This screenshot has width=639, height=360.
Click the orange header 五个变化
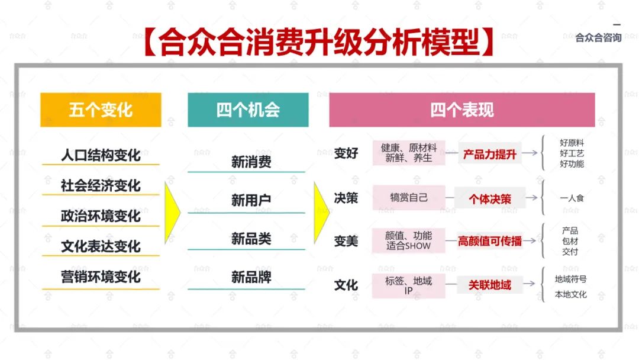pos(101,110)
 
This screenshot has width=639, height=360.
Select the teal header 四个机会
pos(248,110)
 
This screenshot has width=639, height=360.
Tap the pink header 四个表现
pos(461,110)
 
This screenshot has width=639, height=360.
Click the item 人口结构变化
pos(101,155)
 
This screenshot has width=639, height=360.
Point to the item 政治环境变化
pos(101,216)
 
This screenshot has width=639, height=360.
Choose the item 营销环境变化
pos(101,277)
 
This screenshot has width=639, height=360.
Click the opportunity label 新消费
pos(251,162)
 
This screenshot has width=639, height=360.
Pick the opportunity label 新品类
pos(251,239)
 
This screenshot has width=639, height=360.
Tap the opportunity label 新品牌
pos(251,277)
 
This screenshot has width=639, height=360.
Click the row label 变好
pos(346,153)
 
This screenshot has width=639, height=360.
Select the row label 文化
pos(346,285)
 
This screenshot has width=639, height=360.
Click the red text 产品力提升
pos(490,155)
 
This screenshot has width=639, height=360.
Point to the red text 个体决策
pos(490,199)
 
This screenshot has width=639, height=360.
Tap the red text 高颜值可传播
pos(490,241)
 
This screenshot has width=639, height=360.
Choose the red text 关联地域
pos(490,285)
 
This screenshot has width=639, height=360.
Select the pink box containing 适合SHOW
pos(409,240)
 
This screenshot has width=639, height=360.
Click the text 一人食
pos(572,198)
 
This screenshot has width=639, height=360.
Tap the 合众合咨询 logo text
pos(598,38)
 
